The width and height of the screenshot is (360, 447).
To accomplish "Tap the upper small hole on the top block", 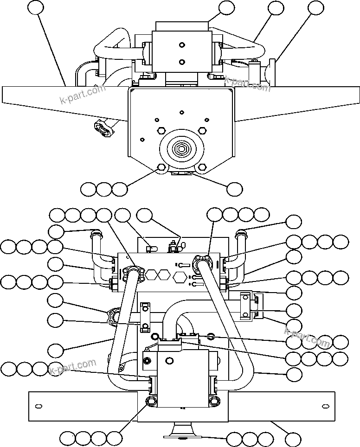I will [x=181, y=45].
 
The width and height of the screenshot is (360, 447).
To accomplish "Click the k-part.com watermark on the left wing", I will [x=82, y=94].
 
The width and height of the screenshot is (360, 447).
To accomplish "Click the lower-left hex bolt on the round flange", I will [x=161, y=168].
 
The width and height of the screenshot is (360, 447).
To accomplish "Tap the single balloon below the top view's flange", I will [x=234, y=188].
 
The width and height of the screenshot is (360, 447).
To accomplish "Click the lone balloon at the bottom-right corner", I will [x=293, y=439].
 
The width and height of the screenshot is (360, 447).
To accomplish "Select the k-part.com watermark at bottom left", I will [x=72, y=367].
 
